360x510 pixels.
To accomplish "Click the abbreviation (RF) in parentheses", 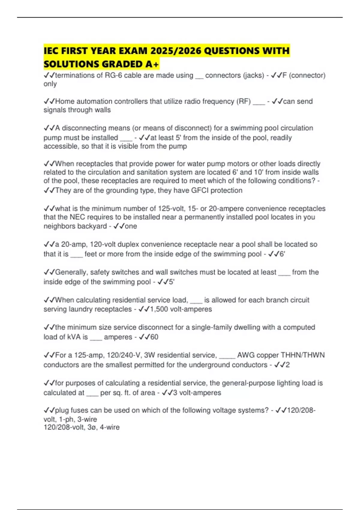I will [244, 101].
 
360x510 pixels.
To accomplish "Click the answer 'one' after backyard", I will [131, 226].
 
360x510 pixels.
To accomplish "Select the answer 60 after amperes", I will [154, 337].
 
